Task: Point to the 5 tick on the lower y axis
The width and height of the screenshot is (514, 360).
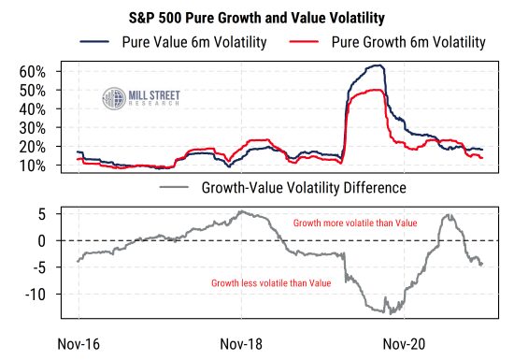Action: click(43, 214)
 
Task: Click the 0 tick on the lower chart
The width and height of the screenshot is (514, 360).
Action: click(43, 240)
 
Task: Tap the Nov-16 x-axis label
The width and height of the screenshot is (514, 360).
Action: click(79, 343)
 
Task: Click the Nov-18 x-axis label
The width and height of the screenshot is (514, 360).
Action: click(241, 343)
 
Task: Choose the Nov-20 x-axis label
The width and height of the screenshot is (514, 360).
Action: click(406, 343)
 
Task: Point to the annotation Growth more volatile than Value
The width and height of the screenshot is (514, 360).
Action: click(354, 224)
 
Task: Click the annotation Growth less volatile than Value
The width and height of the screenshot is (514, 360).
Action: click(271, 282)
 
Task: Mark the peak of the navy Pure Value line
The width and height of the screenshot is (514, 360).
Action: click(378, 65)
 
